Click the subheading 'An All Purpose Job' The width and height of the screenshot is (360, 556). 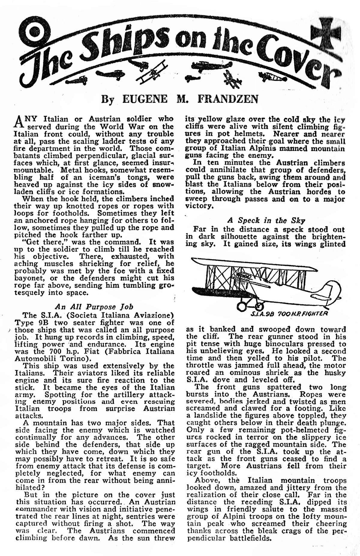click(94, 307)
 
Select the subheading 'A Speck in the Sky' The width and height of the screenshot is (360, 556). click(266, 220)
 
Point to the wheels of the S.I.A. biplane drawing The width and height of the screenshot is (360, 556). click(250, 306)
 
